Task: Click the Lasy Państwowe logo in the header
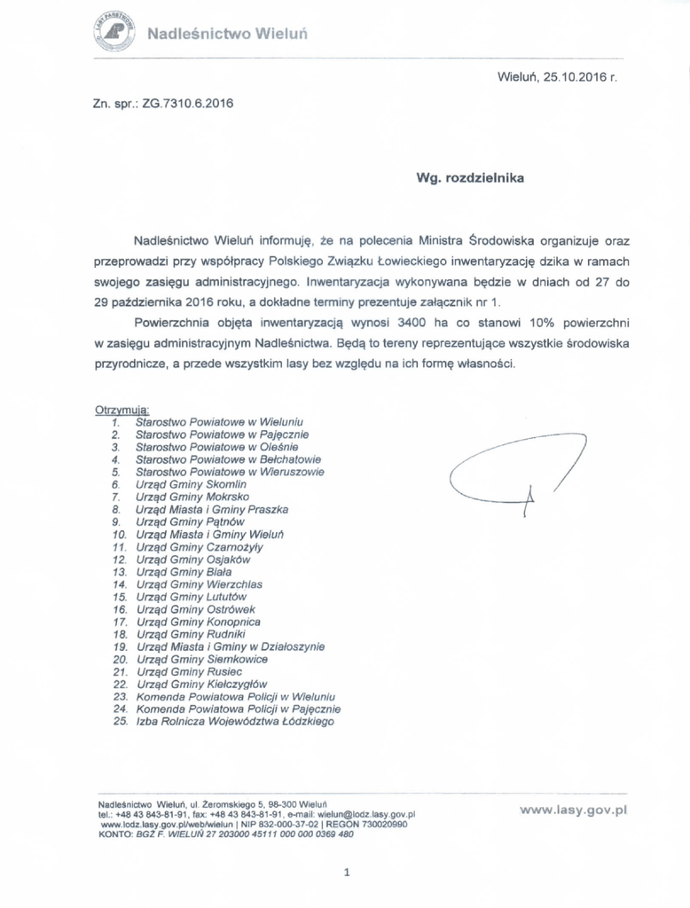click(x=113, y=33)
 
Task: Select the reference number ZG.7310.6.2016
click(x=182, y=104)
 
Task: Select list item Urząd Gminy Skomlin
click(x=184, y=485)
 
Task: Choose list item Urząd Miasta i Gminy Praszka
click(x=212, y=510)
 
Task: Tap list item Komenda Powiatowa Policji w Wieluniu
click(x=235, y=697)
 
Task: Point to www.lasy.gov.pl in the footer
click(x=574, y=809)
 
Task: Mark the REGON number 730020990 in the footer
click(x=380, y=824)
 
